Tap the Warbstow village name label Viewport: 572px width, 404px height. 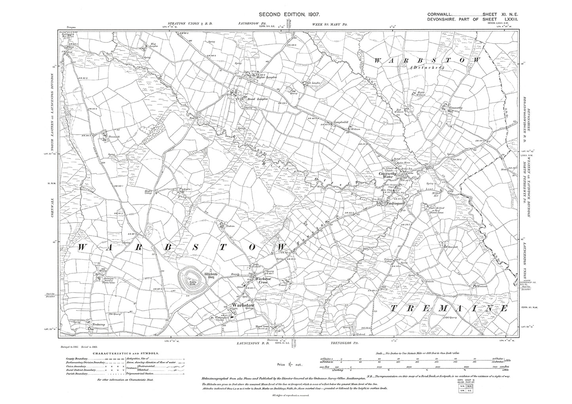point(242,305)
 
